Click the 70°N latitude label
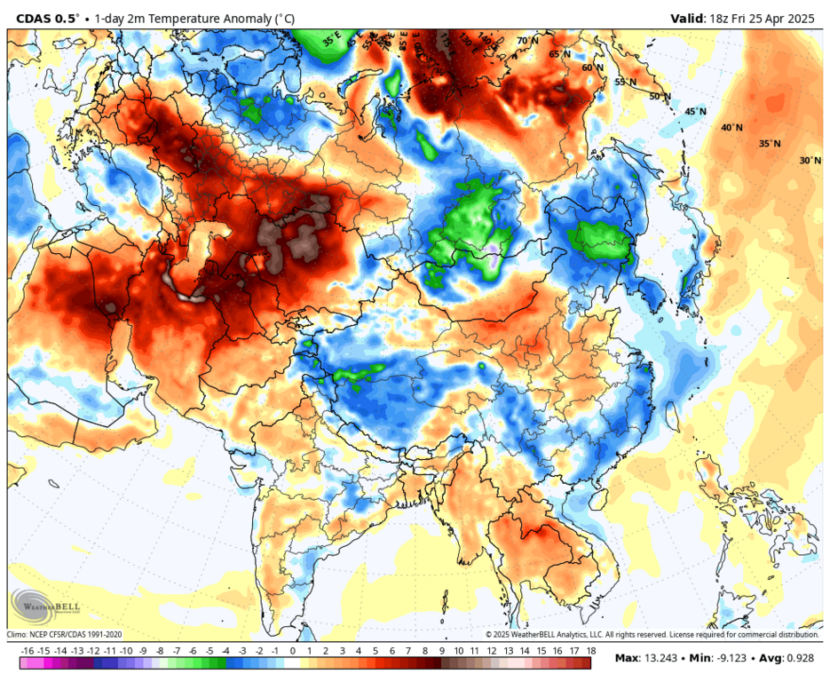[x=527, y=41]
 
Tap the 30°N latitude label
[x=810, y=161]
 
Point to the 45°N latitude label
[x=695, y=112]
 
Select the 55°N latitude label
[x=626, y=82]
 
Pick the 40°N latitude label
[x=731, y=128]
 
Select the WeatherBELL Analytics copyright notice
[x=652, y=635]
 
